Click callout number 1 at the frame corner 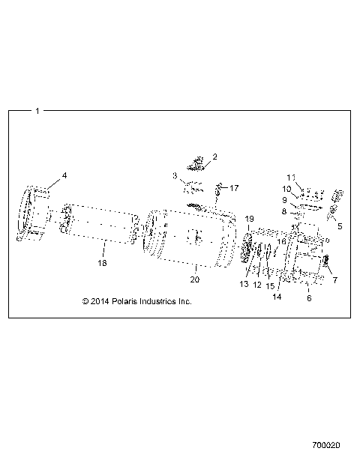[x=37, y=111]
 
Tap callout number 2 [x=214, y=157]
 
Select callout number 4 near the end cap [x=64, y=175]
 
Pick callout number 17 [x=233, y=187]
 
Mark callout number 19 [x=250, y=218]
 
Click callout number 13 [x=244, y=284]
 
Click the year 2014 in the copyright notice [x=100, y=301]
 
